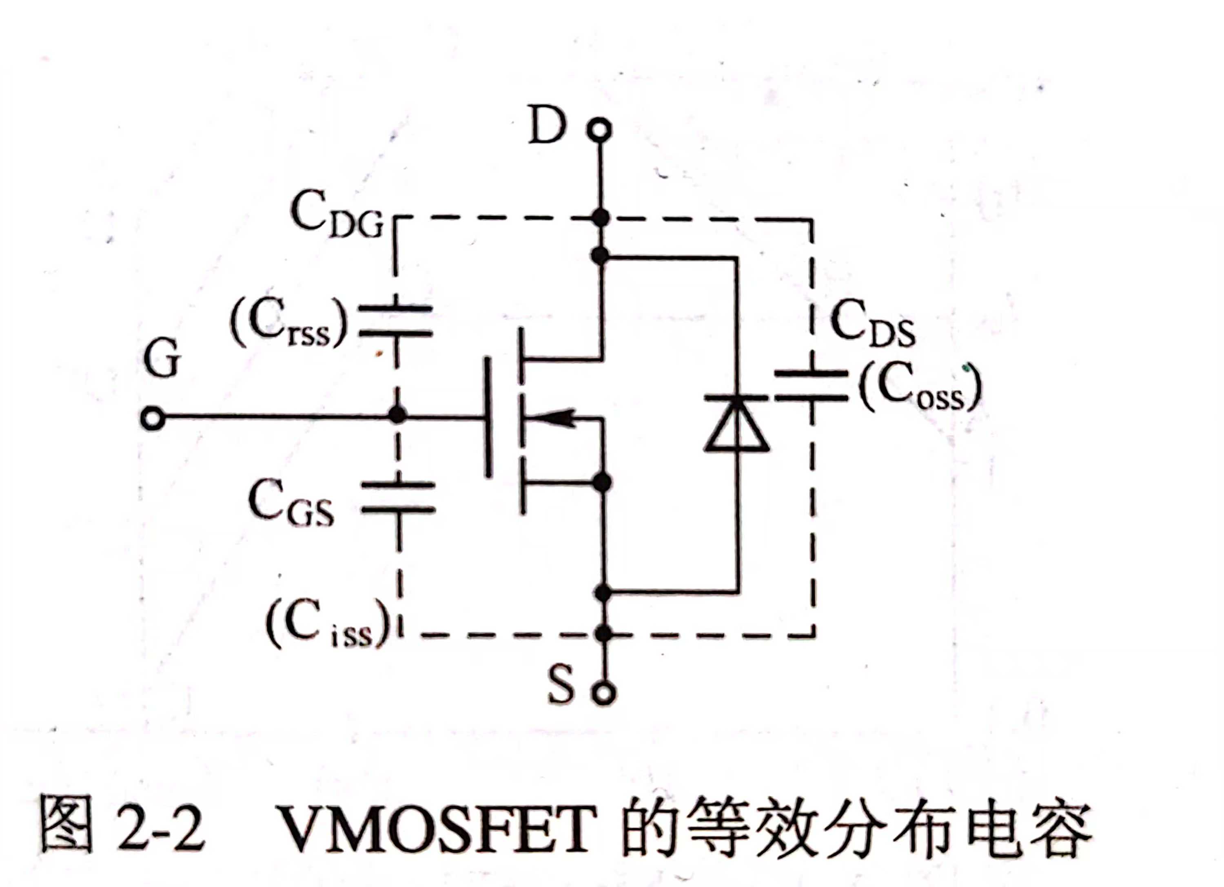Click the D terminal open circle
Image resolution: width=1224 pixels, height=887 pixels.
[600, 130]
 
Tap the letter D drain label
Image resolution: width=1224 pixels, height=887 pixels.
[547, 126]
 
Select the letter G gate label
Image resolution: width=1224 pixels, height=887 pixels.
[162, 360]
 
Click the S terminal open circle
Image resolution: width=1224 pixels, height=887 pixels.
[603, 693]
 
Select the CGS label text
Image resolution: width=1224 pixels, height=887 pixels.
[290, 503]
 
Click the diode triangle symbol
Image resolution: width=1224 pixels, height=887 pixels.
[737, 424]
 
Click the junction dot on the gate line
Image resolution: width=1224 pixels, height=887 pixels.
[397, 416]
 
